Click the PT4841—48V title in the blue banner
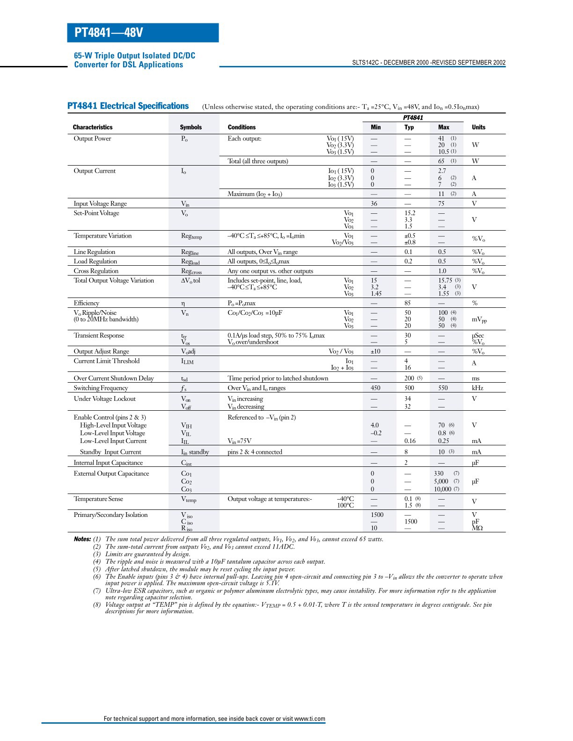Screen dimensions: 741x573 point(109,33)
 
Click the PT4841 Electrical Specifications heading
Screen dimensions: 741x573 point(128,106)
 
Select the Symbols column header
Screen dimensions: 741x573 point(191,127)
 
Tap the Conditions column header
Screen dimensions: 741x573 point(242,127)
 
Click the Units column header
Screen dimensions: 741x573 point(478,127)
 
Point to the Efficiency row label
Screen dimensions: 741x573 point(86,303)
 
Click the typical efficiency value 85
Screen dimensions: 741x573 point(408,303)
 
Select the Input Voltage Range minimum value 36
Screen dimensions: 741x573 point(374,203)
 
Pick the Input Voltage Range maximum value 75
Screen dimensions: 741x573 point(441,203)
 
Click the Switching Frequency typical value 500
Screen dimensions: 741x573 point(409,388)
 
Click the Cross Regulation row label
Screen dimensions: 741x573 point(96,271)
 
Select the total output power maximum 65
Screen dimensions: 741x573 point(441,161)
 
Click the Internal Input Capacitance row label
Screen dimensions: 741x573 point(108,463)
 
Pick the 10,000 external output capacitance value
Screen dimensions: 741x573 point(442,489)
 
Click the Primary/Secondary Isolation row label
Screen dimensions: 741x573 point(110,515)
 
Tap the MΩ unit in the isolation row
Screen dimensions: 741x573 point(477,528)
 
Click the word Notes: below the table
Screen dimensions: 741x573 point(82,539)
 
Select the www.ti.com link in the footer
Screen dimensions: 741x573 point(309,719)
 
